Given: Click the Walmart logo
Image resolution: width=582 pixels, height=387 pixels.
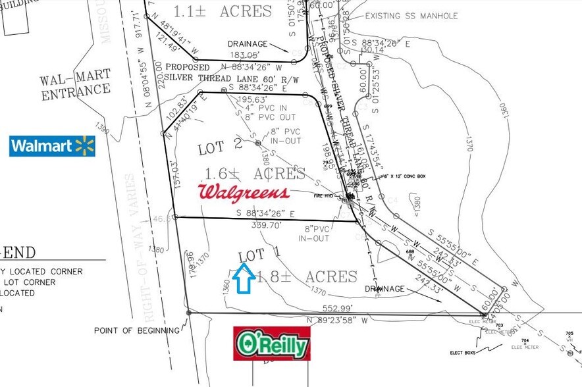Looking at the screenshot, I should (52, 146).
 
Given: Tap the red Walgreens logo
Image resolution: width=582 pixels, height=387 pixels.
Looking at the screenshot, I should (244, 192).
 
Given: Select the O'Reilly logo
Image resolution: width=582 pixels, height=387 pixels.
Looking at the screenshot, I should (272, 343).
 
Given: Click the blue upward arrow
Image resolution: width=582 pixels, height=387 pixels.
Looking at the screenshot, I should (245, 278).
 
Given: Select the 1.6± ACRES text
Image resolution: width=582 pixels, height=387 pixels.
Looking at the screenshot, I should (255, 174).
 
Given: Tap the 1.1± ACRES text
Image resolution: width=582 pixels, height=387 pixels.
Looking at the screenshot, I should (222, 11).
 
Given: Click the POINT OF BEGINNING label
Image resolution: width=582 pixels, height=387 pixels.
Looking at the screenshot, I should (136, 330).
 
